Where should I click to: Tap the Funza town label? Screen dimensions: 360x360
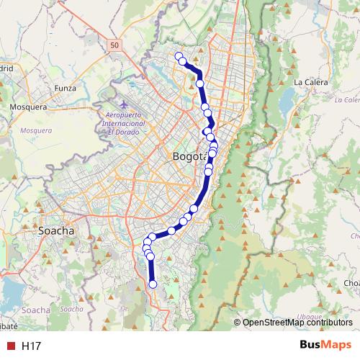tap(66, 89)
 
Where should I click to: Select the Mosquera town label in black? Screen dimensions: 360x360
tap(27, 107)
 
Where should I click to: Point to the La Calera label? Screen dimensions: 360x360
tap(311, 82)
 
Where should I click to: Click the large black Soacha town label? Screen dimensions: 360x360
tap(55, 231)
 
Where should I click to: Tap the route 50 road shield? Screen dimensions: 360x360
tap(115, 45)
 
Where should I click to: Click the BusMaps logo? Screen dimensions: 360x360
tap(325, 346)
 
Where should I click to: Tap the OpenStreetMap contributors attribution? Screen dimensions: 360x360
tap(297, 323)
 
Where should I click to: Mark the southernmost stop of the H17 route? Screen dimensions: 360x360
tap(153, 284)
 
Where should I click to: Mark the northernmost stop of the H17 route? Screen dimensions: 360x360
tap(179, 56)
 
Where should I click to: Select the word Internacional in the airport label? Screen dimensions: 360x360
tap(126, 123)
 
